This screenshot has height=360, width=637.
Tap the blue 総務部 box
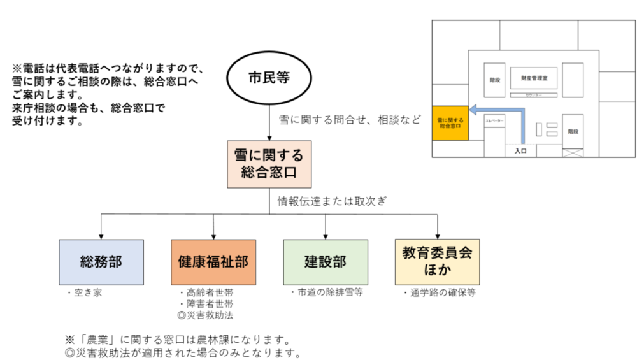(101, 262)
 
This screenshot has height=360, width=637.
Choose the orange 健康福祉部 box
(213, 262)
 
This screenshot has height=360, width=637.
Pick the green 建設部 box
(326, 262)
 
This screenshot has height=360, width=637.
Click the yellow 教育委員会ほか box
(437, 262)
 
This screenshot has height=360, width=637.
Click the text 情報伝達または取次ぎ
(333, 201)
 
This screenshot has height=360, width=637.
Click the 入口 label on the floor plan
(522, 152)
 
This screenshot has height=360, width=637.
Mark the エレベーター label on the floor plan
(494, 120)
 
